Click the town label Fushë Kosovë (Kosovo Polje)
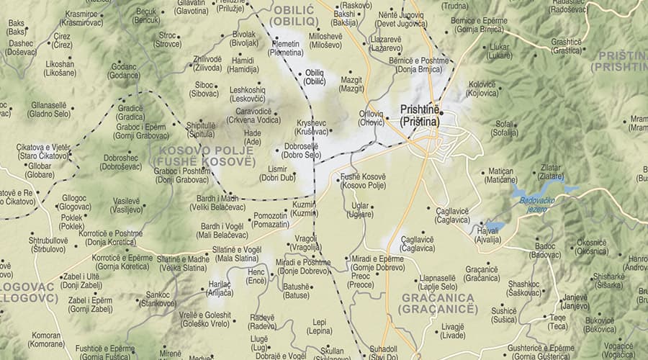click(364, 181)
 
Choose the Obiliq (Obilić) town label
click(315, 77)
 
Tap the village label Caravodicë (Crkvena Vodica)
click(253, 115)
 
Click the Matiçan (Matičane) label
click(502, 175)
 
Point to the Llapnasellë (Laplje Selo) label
click(433, 282)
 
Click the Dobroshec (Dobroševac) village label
click(120, 162)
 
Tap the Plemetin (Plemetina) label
click(286, 48)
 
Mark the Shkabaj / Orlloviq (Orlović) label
click(372, 117)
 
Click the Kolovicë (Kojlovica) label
click(482, 88)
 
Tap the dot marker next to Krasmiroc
click(105, 14)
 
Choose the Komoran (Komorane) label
click(47, 339)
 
